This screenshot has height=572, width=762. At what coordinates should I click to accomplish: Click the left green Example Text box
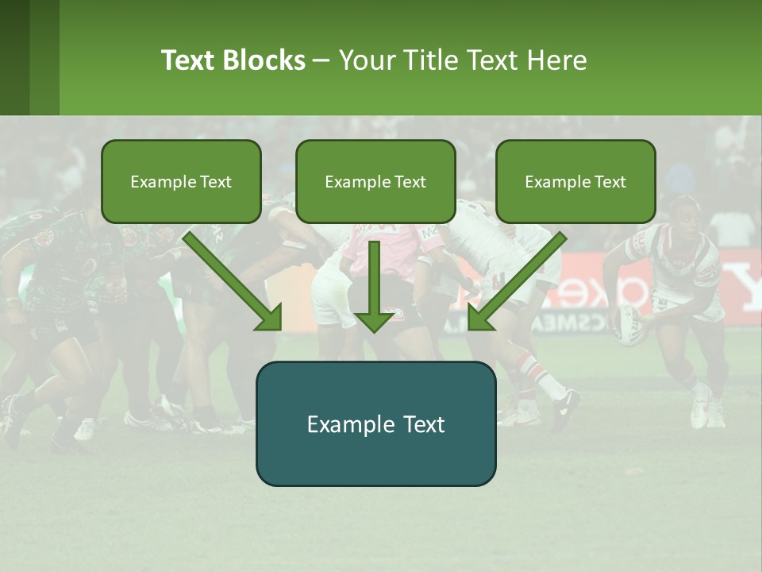tap(181, 181)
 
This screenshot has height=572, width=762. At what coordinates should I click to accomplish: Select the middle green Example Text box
tap(375, 181)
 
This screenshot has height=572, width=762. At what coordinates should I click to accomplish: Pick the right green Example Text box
tap(575, 181)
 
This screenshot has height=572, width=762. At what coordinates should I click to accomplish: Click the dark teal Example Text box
tap(375, 423)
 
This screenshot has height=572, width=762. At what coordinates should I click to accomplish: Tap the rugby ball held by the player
tap(631, 323)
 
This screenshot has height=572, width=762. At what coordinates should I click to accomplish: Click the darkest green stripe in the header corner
tap(14, 57)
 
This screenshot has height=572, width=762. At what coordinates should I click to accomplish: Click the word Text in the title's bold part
tap(188, 60)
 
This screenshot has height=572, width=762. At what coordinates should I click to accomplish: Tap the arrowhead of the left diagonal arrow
tap(270, 318)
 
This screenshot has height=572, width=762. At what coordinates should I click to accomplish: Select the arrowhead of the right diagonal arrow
tap(480, 318)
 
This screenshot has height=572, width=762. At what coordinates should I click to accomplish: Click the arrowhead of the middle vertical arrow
tap(375, 320)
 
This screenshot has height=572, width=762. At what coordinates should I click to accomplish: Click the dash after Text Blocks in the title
tap(321, 61)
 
